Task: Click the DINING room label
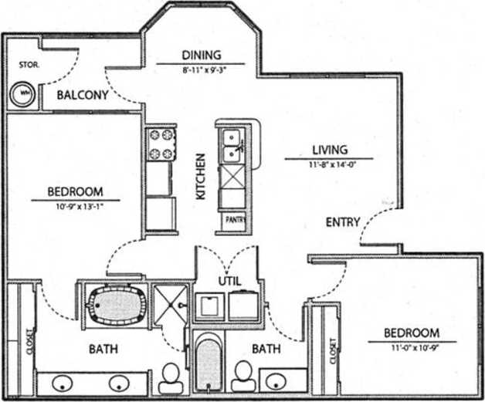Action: point(201,55)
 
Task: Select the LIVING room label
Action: point(330,150)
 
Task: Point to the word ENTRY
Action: point(343,222)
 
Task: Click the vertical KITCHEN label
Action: point(200,177)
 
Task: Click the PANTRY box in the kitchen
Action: point(235,220)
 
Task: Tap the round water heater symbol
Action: point(22,94)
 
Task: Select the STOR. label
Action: point(29,66)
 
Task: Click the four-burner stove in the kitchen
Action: point(160,144)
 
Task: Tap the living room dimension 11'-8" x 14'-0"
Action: point(329,164)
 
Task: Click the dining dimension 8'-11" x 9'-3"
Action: point(201,68)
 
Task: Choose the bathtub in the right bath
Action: point(208,363)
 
